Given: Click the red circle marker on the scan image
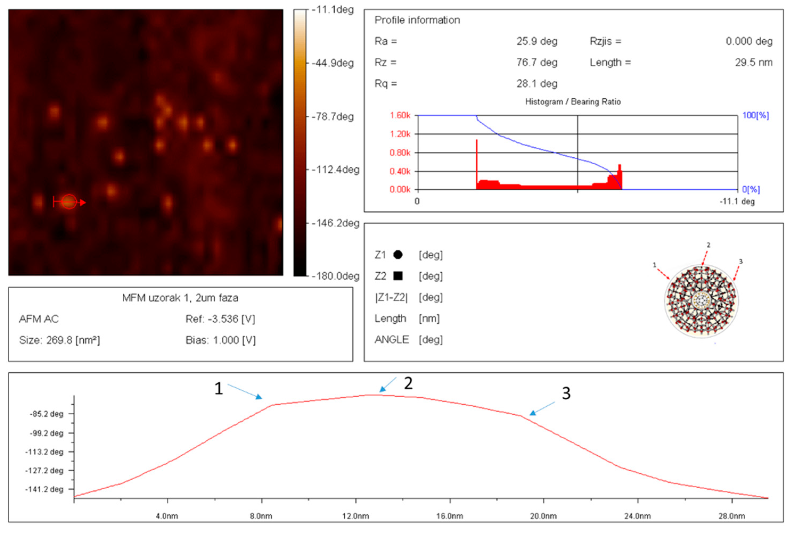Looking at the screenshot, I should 69,202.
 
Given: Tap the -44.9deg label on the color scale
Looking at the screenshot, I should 333,63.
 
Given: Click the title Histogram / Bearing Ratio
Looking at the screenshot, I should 573,102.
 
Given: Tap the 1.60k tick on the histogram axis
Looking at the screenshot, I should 400,116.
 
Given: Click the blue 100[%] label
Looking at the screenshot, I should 755,116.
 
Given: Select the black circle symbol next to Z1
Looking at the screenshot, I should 398,255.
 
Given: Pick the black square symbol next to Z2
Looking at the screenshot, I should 398,276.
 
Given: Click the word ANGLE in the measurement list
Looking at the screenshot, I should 392,340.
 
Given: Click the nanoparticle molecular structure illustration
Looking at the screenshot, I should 701,301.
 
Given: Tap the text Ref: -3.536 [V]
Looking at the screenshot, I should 220,319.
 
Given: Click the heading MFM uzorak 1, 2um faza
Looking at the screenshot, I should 180,298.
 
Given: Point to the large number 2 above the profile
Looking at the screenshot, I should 408,384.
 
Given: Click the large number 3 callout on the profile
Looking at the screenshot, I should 566,393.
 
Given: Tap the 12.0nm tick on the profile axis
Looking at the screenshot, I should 356,516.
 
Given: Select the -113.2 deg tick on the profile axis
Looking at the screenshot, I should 44,452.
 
